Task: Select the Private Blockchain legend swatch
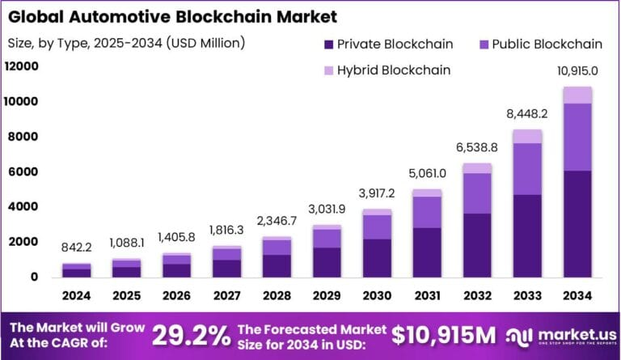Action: pyautogui.click(x=327, y=44)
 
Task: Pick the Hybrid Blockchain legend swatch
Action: pyautogui.click(x=327, y=70)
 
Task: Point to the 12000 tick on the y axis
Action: pyautogui.click(x=22, y=66)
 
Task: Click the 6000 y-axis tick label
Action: pyautogui.click(x=25, y=172)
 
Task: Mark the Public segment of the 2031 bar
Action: pyautogui.click(x=426, y=212)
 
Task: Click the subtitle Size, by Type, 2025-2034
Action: pyautogui.click(x=125, y=42)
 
